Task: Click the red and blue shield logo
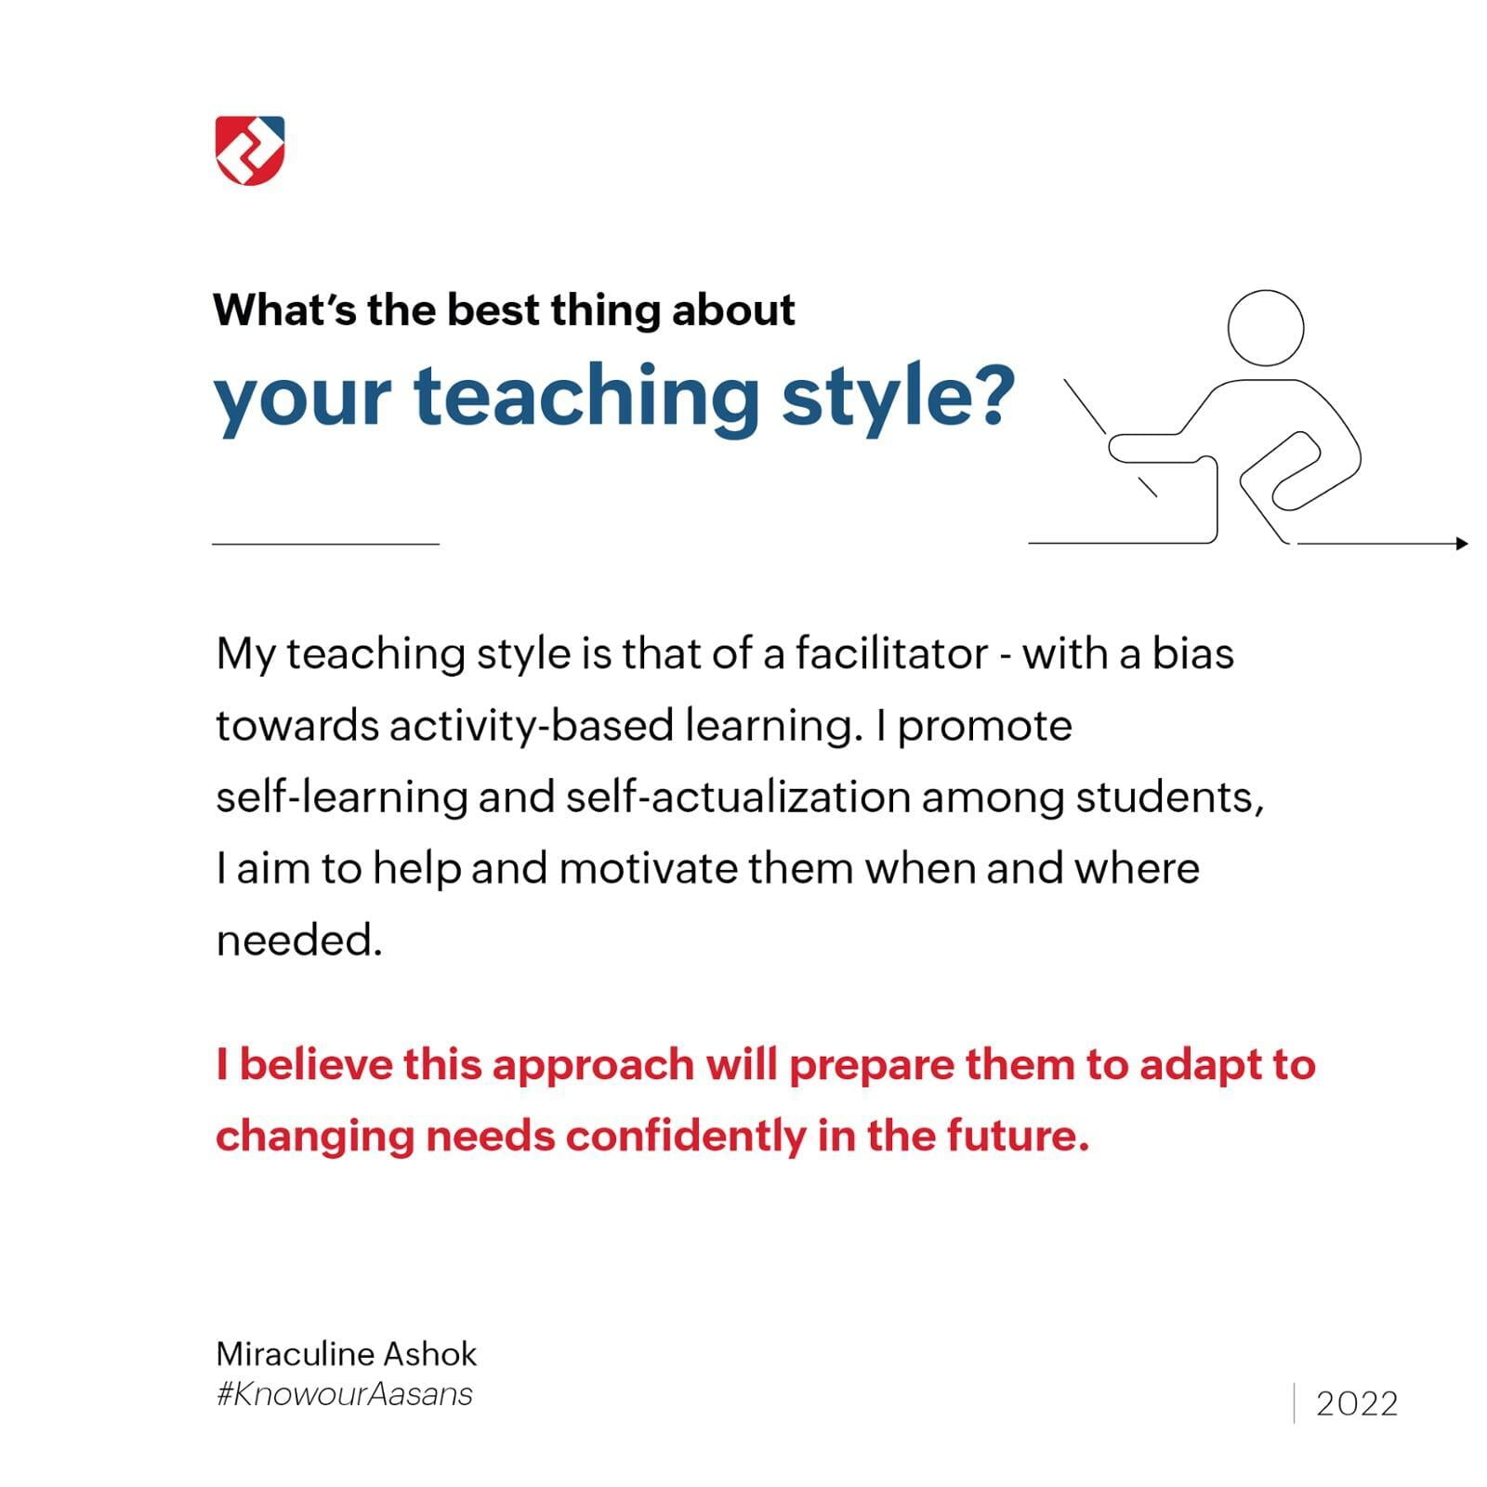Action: (250, 151)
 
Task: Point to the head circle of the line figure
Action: (1266, 327)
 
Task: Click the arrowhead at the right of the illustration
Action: (1463, 544)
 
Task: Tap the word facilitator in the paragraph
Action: (890, 653)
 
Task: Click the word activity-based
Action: (532, 727)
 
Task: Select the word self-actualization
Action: (738, 797)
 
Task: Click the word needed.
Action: (299, 941)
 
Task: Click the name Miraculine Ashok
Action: (347, 1354)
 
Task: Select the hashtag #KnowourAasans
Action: (345, 1394)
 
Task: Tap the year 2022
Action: (1357, 1403)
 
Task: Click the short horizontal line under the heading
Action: (325, 544)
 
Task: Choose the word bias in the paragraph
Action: (1193, 653)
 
